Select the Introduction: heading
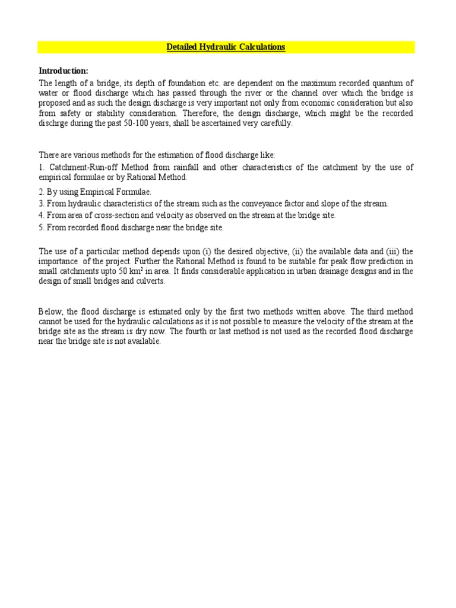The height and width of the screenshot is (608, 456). coord(64,71)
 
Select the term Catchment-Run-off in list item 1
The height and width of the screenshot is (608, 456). coord(81,167)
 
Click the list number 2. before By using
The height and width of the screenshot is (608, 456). coord(42,192)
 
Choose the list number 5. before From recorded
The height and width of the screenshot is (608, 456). coord(42,227)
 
